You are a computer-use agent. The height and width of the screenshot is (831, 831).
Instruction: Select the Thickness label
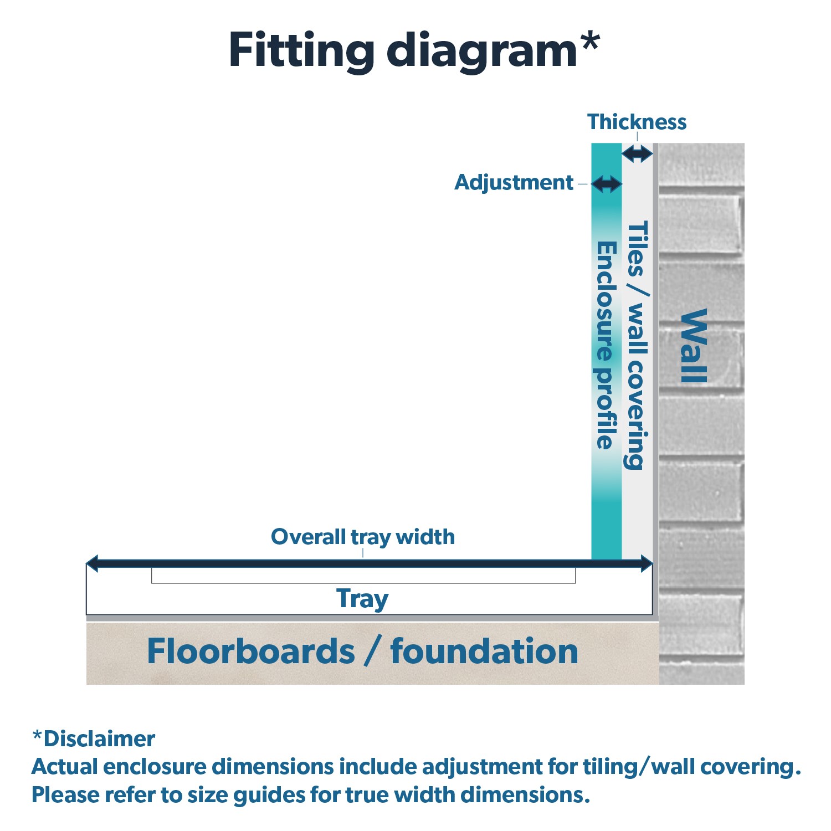(637, 122)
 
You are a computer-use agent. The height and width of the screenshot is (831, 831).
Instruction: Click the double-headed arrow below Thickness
(637, 153)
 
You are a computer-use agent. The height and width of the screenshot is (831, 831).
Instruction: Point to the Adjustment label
(514, 183)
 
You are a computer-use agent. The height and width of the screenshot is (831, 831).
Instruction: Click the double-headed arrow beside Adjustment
(607, 184)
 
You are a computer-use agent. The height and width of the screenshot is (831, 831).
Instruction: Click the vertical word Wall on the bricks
(694, 346)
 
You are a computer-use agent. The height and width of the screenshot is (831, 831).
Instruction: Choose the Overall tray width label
(363, 537)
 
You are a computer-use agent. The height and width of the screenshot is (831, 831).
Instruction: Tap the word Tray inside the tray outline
(362, 599)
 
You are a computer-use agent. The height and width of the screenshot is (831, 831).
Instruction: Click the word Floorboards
(250, 651)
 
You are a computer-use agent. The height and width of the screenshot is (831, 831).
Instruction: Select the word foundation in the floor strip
(484, 651)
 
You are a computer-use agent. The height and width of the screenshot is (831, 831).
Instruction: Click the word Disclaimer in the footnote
(99, 739)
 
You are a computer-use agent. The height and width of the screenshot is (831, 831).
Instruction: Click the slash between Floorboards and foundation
(372, 652)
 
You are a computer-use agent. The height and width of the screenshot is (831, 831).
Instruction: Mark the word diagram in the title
(482, 51)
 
